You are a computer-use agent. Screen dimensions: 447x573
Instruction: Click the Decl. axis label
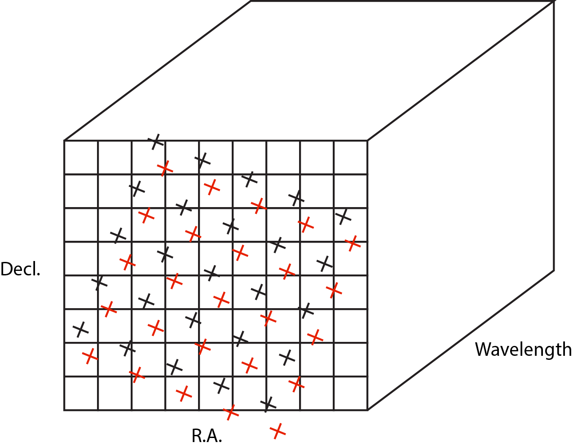click(21, 269)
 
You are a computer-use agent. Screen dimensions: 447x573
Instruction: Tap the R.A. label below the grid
click(207, 435)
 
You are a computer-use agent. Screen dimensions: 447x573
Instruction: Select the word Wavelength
click(523, 349)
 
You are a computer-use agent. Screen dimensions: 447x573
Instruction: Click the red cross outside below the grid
click(278, 431)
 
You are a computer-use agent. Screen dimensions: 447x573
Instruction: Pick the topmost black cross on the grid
click(156, 142)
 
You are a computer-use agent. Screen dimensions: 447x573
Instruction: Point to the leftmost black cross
click(81, 330)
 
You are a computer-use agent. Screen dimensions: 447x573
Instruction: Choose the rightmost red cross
click(353, 243)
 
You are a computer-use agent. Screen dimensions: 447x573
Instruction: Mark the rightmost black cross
click(344, 217)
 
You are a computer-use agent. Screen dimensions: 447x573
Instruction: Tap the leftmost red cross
click(90, 356)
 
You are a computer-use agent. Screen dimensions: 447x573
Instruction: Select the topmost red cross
click(165, 168)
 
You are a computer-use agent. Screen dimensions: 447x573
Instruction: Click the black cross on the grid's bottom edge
click(268, 404)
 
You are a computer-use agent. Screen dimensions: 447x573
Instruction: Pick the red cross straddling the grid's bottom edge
click(231, 412)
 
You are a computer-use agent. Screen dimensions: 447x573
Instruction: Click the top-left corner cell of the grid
click(81, 157)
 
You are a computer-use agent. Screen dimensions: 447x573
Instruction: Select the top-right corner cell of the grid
click(351, 157)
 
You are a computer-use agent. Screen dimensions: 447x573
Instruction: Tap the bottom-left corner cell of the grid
click(81, 393)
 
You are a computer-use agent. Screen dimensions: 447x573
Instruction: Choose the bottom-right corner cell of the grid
click(351, 393)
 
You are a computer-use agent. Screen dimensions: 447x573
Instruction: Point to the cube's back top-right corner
click(553, 2)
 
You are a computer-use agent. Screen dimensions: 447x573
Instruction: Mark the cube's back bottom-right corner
click(553, 270)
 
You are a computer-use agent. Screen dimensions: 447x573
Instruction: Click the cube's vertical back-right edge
click(553, 135)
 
